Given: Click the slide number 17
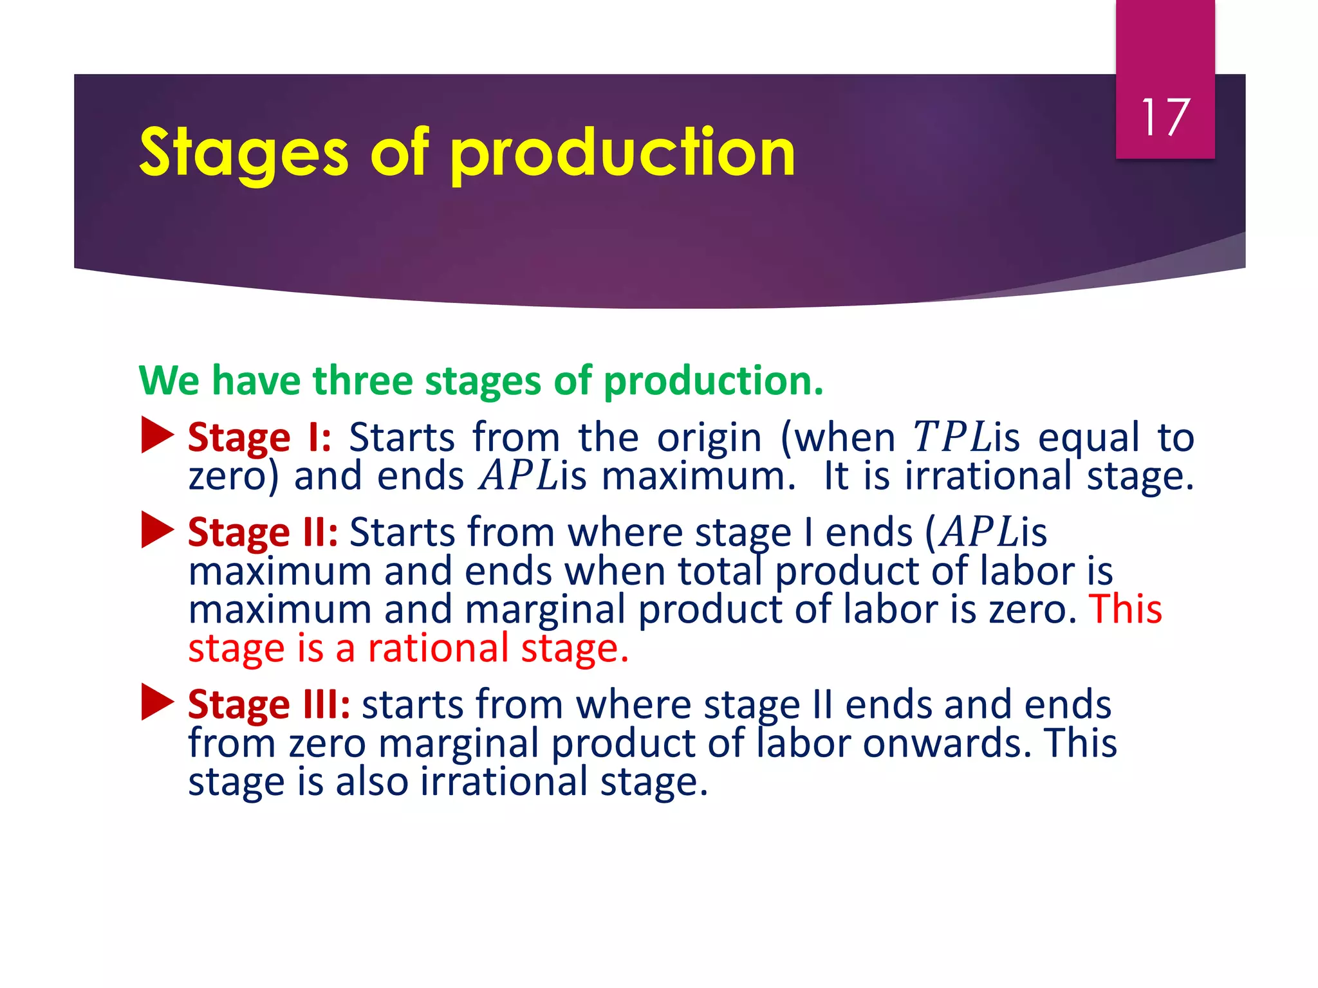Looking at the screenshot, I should tap(1165, 118).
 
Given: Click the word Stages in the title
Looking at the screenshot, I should tap(244, 154).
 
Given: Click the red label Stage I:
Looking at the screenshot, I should tap(259, 438).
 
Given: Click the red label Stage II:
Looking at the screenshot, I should tap(263, 533).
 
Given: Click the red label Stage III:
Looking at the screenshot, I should tap(269, 705).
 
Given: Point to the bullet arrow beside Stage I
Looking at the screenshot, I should tap(157, 435).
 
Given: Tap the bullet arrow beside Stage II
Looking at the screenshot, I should tap(157, 530).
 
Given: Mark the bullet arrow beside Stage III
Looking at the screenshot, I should tap(157, 702).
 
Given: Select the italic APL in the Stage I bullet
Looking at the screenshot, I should tap(519, 476).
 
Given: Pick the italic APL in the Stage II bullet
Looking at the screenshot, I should tap(979, 533).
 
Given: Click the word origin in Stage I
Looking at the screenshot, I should tap(709, 437).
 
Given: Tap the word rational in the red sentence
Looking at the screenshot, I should tap(443, 648).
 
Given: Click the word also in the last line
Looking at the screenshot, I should tap(372, 782).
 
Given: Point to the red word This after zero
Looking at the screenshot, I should tap(1126, 608).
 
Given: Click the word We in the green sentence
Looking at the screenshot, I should tap(169, 380).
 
